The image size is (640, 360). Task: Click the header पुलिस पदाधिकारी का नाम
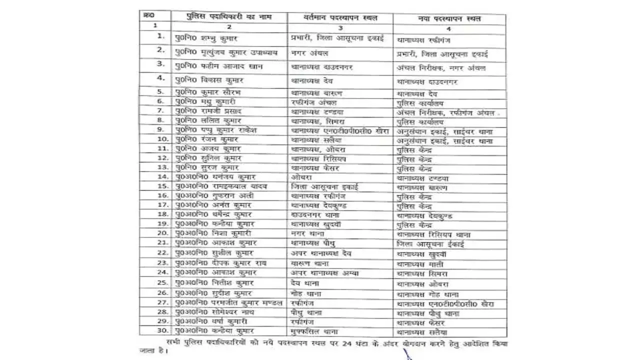[228, 17]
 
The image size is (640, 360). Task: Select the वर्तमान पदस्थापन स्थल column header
[340, 18]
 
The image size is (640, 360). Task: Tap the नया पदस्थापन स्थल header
[449, 18]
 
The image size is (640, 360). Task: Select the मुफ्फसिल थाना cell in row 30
[314, 330]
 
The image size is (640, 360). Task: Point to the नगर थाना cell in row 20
[307, 233]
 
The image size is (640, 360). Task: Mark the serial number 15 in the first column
[161, 186]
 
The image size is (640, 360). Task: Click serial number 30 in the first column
[161, 330]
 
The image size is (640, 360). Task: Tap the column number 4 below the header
[448, 28]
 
